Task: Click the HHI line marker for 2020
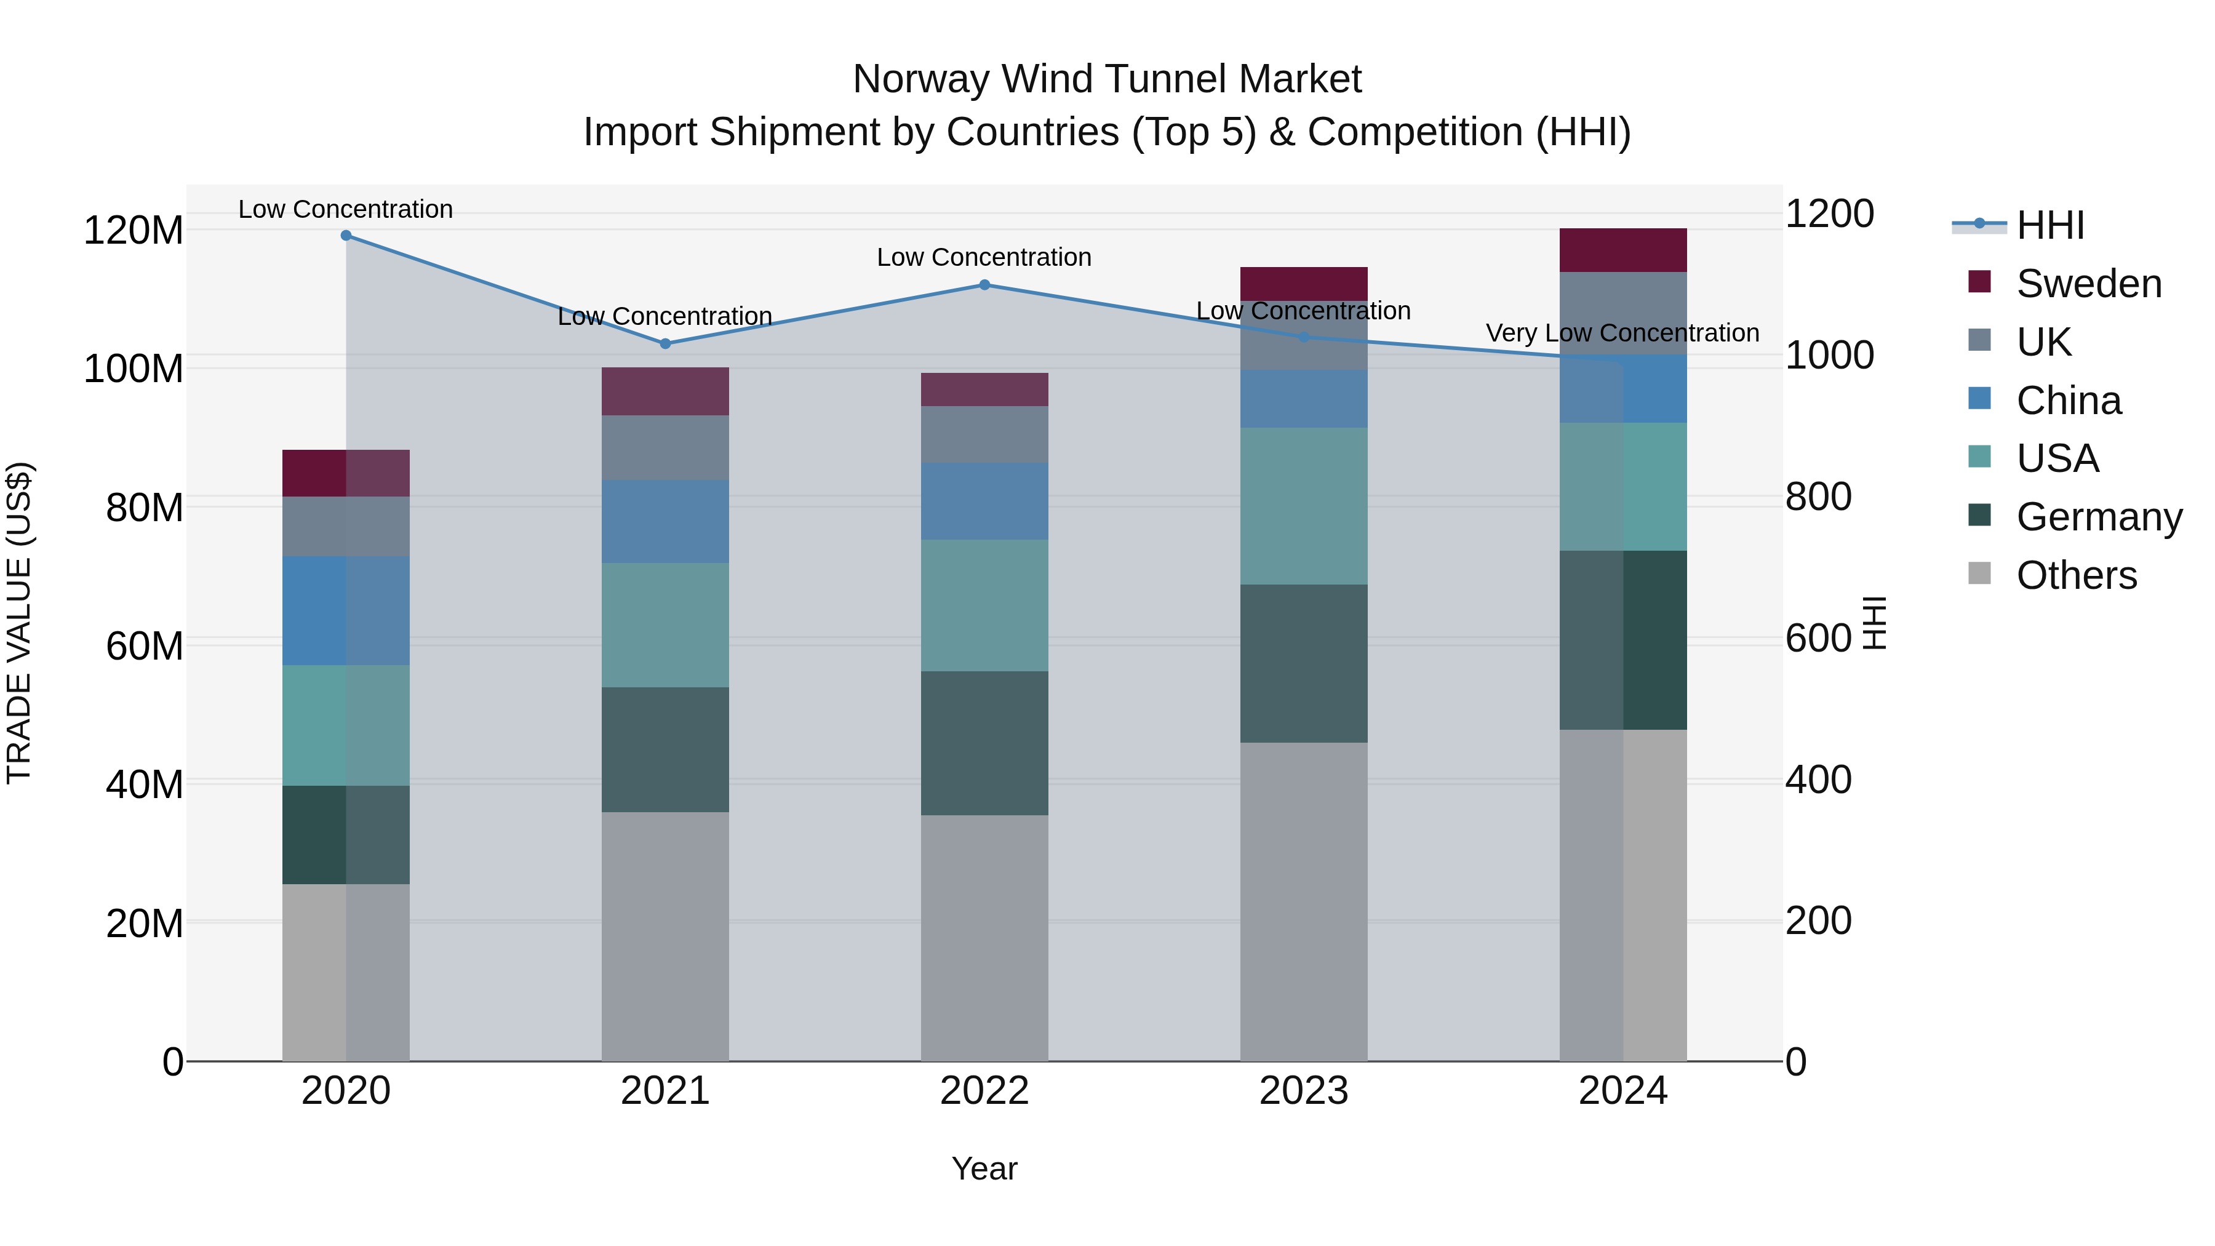coord(346,236)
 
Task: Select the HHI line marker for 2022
coord(984,285)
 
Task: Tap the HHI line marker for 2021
coord(664,344)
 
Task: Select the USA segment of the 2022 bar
coord(984,605)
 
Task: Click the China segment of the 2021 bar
coord(664,521)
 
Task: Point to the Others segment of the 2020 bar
coord(346,972)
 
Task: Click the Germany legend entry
coord(2098,517)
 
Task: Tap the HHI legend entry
coord(2050,225)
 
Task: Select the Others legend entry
coord(2076,575)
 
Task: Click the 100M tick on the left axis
coord(134,369)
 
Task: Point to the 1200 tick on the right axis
coord(1829,214)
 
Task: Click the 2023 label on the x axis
coord(1304,1090)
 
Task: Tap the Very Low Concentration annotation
coord(1622,333)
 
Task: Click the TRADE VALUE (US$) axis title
coord(19,623)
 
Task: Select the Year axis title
coord(984,1168)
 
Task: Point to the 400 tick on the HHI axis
coord(1818,780)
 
